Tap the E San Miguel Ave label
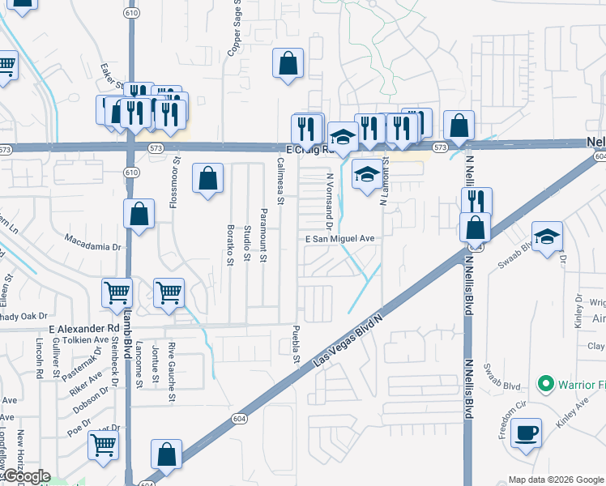(339, 239)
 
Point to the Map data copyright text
(556, 480)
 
